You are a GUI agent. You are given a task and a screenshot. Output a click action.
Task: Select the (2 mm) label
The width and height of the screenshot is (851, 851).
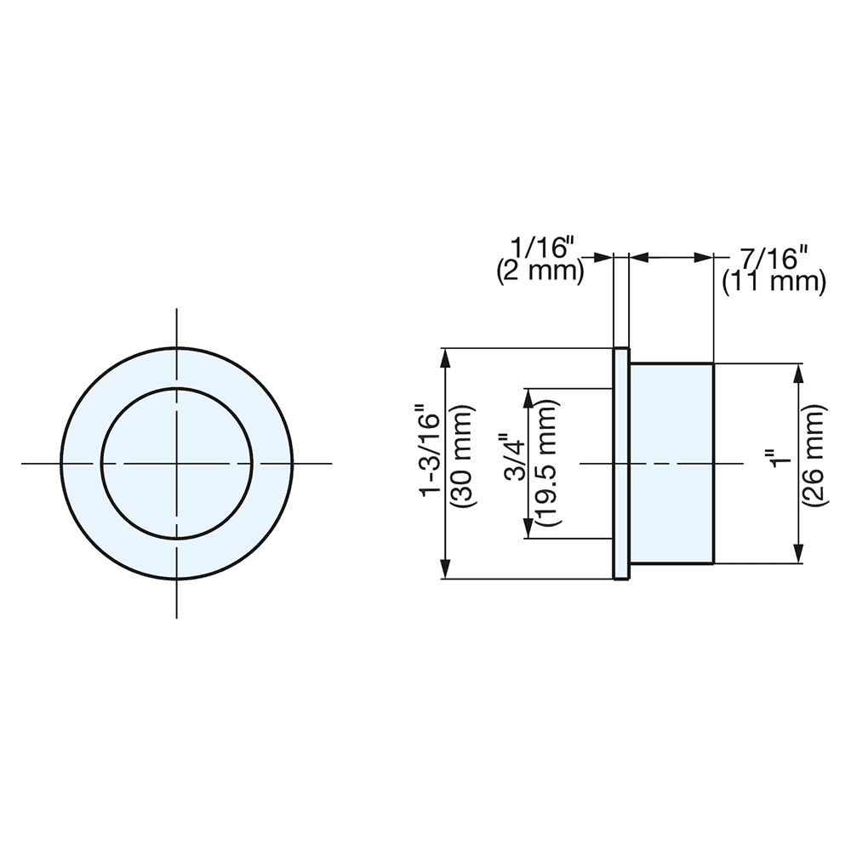point(540,271)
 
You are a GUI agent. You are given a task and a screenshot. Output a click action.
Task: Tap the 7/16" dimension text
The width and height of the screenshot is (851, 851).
point(769,256)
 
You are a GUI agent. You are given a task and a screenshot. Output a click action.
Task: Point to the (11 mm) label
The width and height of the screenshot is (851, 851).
point(774,282)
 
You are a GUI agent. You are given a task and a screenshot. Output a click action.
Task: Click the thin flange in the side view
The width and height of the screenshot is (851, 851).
point(621,464)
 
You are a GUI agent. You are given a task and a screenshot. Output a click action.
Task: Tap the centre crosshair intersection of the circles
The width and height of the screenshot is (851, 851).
point(177,464)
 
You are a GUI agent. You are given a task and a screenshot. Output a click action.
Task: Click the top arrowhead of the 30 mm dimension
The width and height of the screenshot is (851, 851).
point(445,358)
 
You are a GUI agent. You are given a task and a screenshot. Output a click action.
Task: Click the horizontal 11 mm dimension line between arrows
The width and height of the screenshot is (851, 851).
point(672,256)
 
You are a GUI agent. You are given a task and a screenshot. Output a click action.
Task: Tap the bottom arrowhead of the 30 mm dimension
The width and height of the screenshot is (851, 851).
point(445,569)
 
